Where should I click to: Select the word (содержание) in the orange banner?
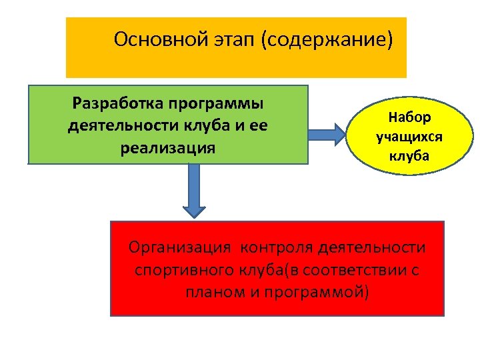tap(327, 40)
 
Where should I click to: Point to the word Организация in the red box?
tap(179, 249)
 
